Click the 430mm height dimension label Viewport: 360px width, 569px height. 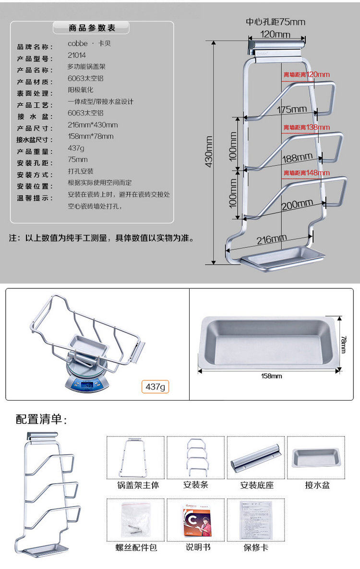pos(209,152)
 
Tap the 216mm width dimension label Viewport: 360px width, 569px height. pos(272,238)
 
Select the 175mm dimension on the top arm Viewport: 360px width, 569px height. pos(291,109)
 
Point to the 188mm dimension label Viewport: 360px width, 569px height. pos(297,157)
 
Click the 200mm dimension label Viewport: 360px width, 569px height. pos(297,205)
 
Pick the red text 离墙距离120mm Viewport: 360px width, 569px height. pos(306,74)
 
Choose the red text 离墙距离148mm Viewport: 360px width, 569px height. pos(306,173)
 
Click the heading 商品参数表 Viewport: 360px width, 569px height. pos(92,28)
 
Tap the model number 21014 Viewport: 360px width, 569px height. pos(77,55)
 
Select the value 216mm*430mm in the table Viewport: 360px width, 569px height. pos(93,125)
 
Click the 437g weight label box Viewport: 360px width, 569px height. pos(156,387)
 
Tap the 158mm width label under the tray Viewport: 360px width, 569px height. pos(271,376)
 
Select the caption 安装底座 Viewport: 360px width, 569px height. pos(257,486)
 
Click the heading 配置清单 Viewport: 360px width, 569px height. pos(41,419)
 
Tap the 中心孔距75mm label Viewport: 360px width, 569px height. pos(276,22)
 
